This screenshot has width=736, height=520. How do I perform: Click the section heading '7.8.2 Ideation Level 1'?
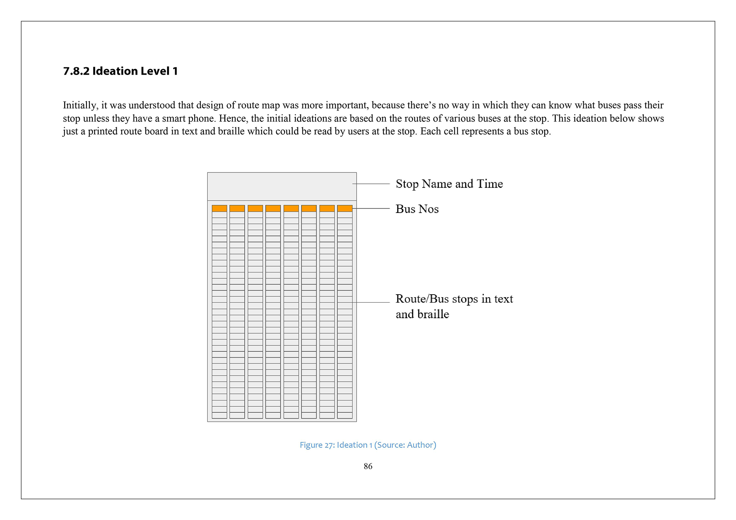[x=120, y=71]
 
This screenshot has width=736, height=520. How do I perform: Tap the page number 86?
[x=368, y=466]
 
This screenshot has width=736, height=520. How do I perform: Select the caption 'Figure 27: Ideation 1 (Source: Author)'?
[x=368, y=445]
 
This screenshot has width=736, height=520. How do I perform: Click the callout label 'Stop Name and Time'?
[x=449, y=184]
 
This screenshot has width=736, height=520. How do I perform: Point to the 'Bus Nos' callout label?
[x=417, y=209]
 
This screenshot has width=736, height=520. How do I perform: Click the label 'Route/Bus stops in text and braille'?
[x=454, y=306]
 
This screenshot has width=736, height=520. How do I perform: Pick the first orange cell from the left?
[x=219, y=208]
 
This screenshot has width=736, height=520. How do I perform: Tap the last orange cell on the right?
[x=345, y=208]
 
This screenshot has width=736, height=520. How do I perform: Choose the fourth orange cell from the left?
[x=273, y=208]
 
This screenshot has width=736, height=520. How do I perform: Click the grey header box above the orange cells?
[x=282, y=186]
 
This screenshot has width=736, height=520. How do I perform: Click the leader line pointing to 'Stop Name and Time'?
[x=372, y=184]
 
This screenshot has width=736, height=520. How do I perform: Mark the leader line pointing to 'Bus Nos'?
[x=372, y=209]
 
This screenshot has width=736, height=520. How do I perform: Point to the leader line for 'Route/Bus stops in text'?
[x=372, y=302]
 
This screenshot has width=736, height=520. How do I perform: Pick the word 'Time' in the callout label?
[x=490, y=184]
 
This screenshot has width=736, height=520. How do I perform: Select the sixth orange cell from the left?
[x=309, y=208]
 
